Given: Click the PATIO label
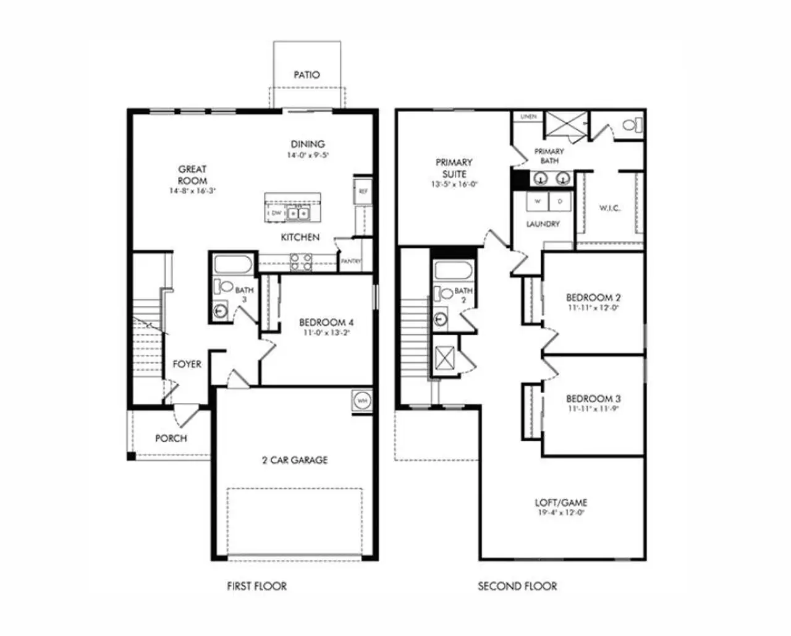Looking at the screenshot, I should tap(307, 75).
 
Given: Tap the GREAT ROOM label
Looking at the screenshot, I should tap(192, 175).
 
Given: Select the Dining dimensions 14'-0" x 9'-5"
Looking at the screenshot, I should tap(307, 156).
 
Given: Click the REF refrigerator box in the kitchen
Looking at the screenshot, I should tap(363, 192).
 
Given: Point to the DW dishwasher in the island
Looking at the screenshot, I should tap(276, 213).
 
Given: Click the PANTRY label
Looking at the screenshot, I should tap(350, 261).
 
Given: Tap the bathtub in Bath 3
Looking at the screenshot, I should tap(232, 266).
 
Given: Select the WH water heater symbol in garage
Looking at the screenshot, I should tap(362, 401).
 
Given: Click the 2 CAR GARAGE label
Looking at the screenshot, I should tap(295, 460).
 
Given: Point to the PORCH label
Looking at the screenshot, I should tap(171, 438).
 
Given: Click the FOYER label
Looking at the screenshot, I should tap(187, 364).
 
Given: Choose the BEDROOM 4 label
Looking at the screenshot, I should tap(326, 323).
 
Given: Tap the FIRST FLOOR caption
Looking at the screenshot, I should tap(256, 586).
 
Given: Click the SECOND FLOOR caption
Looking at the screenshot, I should tap(517, 586).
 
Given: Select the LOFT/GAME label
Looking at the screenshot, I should tap(560, 502).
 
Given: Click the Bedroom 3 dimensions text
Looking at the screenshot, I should tap(593, 409).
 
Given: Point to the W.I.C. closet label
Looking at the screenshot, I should tap(609, 208).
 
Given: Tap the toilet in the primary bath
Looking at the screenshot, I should tap(630, 125).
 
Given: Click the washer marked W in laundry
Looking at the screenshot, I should tap(537, 201).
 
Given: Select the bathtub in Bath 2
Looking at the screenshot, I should tap(452, 271).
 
